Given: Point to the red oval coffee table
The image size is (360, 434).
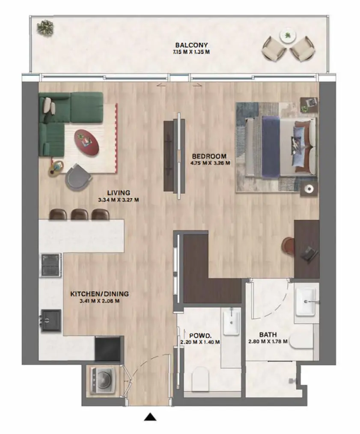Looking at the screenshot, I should [x=86, y=142].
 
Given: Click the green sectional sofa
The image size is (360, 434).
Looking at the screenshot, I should [x=64, y=118].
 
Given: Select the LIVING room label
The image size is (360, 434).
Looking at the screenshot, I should [x=119, y=193].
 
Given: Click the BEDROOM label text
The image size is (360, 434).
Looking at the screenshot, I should [x=209, y=156].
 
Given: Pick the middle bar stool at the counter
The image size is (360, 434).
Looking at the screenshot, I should [x=80, y=214].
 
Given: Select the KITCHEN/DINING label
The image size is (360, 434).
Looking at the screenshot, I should [x=99, y=294].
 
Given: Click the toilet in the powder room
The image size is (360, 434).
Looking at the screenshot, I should [x=200, y=379].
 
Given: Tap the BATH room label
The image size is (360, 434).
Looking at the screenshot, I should [x=268, y=335].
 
